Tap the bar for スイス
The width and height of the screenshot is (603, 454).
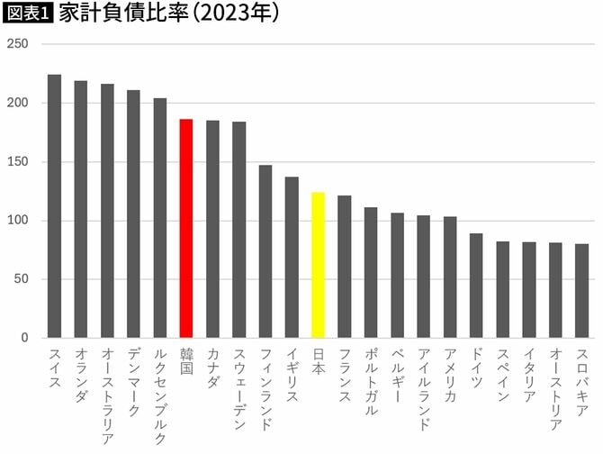tap(54, 206)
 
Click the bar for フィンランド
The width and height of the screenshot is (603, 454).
tap(265, 251)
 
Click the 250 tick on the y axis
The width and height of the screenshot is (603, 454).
tap(19, 44)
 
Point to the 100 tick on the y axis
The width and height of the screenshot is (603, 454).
tap(19, 221)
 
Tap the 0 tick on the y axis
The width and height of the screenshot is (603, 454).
tap(25, 338)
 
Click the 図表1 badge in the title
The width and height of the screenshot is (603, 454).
tap(28, 15)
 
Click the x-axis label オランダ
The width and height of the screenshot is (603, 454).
tap(81, 378)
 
